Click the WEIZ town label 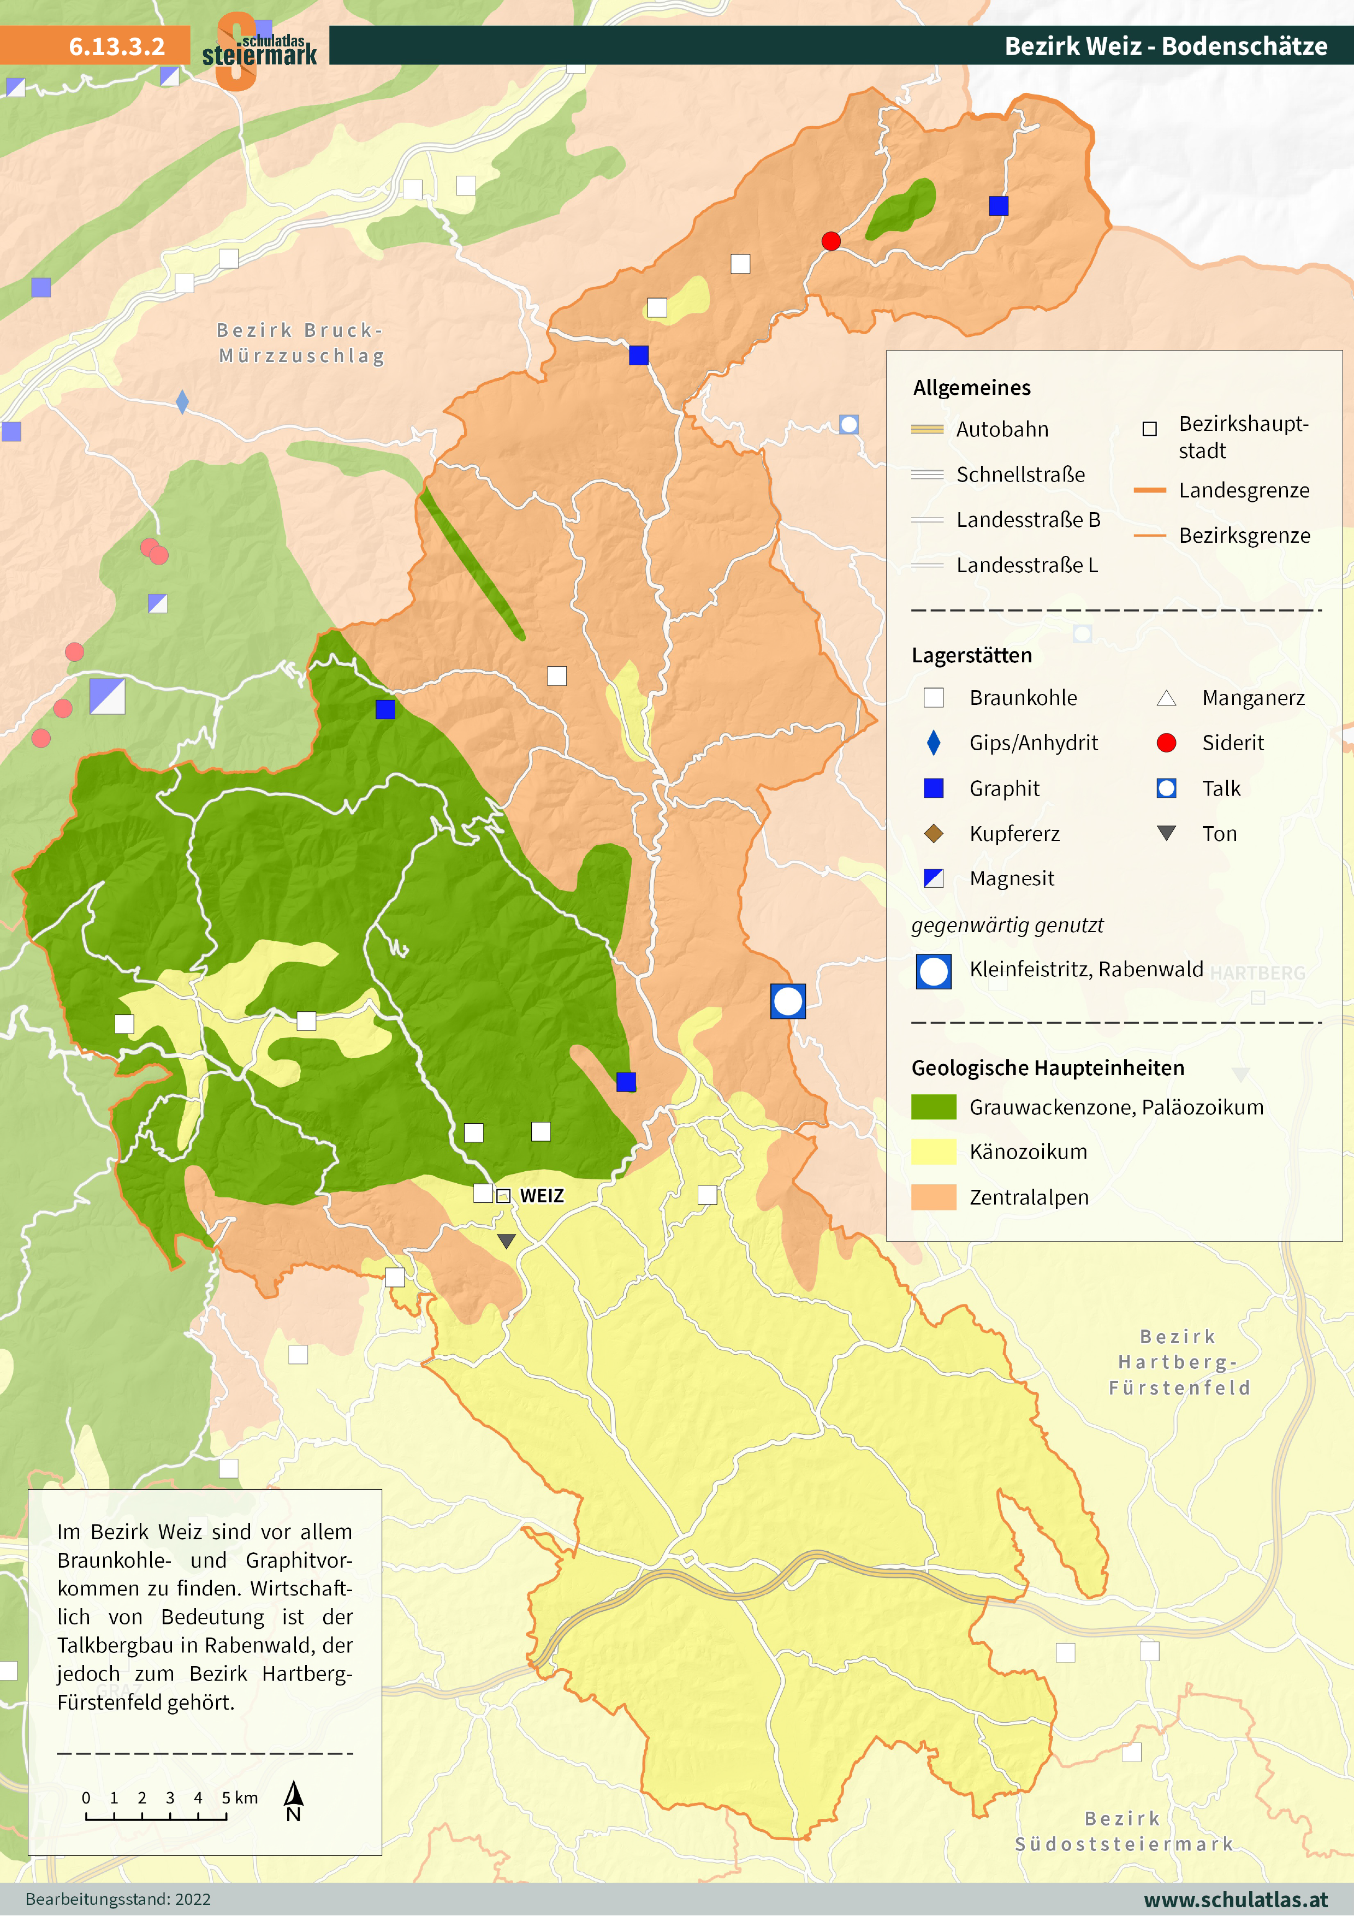[x=542, y=1196]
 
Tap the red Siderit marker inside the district [x=831, y=241]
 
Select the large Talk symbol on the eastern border [x=787, y=1001]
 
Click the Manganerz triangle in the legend [x=1166, y=698]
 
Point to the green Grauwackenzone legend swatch [x=934, y=1107]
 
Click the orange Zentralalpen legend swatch [x=934, y=1197]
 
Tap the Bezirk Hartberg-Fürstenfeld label [x=1179, y=1362]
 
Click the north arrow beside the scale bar [x=294, y=1801]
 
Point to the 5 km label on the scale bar [x=240, y=1798]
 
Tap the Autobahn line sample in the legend [x=927, y=430]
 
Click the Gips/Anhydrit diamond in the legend [x=934, y=743]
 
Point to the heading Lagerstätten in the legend [x=971, y=655]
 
